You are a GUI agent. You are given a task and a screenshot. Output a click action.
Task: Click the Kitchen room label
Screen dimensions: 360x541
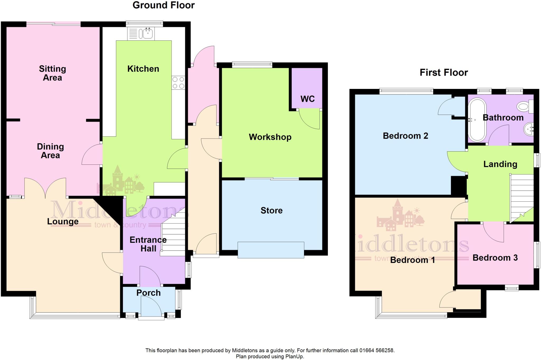(143, 69)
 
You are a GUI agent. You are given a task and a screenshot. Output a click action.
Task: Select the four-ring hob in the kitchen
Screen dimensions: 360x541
(178, 83)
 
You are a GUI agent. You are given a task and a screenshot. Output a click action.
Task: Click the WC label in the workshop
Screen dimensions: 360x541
(307, 99)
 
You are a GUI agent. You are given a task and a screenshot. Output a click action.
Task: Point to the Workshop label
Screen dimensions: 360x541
(270, 137)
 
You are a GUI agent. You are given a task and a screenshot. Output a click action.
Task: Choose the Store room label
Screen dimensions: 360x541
(272, 210)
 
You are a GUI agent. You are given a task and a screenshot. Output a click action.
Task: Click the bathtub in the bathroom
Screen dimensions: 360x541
(477, 120)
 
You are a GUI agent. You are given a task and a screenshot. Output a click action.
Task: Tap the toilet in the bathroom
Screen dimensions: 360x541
(524, 107)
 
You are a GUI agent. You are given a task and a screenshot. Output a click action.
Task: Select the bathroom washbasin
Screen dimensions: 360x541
(528, 129)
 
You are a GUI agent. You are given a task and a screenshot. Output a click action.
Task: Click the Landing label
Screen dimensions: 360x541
(500, 164)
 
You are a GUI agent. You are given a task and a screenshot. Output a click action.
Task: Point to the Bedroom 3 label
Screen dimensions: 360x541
(495, 258)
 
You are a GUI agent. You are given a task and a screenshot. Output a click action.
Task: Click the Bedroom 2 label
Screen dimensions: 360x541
(405, 136)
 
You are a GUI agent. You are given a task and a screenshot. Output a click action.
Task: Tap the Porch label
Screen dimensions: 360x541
(148, 293)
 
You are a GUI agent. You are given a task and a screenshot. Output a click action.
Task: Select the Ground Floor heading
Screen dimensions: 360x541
(164, 5)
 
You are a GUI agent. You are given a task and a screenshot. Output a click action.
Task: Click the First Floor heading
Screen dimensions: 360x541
(444, 73)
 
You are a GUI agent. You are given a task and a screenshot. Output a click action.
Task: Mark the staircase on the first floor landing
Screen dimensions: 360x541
(522, 198)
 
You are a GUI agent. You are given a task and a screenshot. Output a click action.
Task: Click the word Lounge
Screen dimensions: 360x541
(63, 221)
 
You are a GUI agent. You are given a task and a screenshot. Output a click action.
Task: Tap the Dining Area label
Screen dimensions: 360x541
(50, 151)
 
